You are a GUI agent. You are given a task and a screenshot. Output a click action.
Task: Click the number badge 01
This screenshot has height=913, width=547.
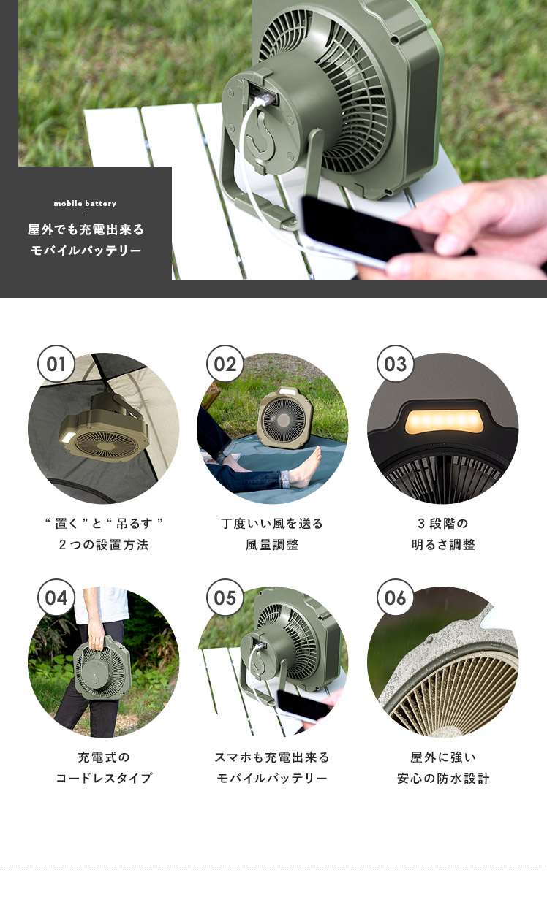click(56, 364)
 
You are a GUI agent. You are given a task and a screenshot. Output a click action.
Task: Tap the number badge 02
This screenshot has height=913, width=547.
click(225, 364)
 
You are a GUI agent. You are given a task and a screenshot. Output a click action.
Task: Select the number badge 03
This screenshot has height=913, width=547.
click(395, 364)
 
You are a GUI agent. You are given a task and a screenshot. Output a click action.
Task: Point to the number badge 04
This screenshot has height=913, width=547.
click(56, 597)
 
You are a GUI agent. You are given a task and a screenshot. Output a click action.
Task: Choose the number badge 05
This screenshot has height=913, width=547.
click(225, 597)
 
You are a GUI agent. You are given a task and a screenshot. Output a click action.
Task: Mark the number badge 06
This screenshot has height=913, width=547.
click(395, 597)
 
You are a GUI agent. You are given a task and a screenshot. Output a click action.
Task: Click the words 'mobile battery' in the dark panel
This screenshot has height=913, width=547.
click(85, 203)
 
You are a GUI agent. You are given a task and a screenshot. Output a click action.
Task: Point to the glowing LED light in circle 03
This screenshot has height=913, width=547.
click(445, 421)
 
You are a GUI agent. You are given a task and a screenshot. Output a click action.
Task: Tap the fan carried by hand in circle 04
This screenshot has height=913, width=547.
click(102, 665)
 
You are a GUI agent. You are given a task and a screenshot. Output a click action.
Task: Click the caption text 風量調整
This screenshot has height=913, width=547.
click(272, 545)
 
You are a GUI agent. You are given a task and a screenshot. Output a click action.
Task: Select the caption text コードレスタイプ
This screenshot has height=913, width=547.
click(104, 778)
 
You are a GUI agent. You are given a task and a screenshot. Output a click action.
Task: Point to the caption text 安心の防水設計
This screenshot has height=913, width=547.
click(443, 778)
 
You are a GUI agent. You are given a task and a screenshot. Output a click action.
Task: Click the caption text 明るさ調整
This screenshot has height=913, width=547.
click(443, 545)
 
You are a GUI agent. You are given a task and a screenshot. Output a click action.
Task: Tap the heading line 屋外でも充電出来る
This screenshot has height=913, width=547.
click(86, 229)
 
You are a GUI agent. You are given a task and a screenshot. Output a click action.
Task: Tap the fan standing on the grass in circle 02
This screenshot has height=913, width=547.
click(285, 419)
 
